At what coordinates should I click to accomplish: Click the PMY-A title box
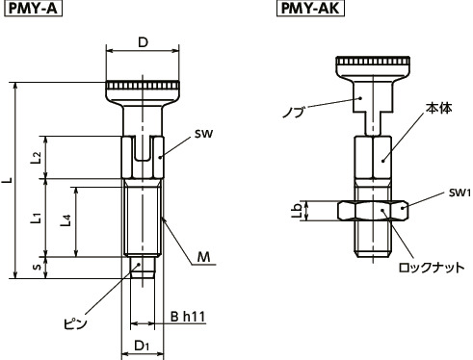point(30,11)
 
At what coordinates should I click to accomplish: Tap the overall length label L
point(9,180)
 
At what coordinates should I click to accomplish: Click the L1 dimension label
point(35,219)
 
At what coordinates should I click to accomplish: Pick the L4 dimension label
point(64,221)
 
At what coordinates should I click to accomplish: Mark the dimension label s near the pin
point(36,267)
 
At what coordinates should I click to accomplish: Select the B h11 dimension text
point(189,315)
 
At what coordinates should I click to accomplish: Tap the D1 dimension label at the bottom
point(142,345)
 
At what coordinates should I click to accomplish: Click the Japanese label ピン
point(75,323)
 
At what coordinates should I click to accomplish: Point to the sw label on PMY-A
point(201,136)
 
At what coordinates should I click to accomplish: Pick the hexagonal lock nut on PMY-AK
point(373,210)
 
